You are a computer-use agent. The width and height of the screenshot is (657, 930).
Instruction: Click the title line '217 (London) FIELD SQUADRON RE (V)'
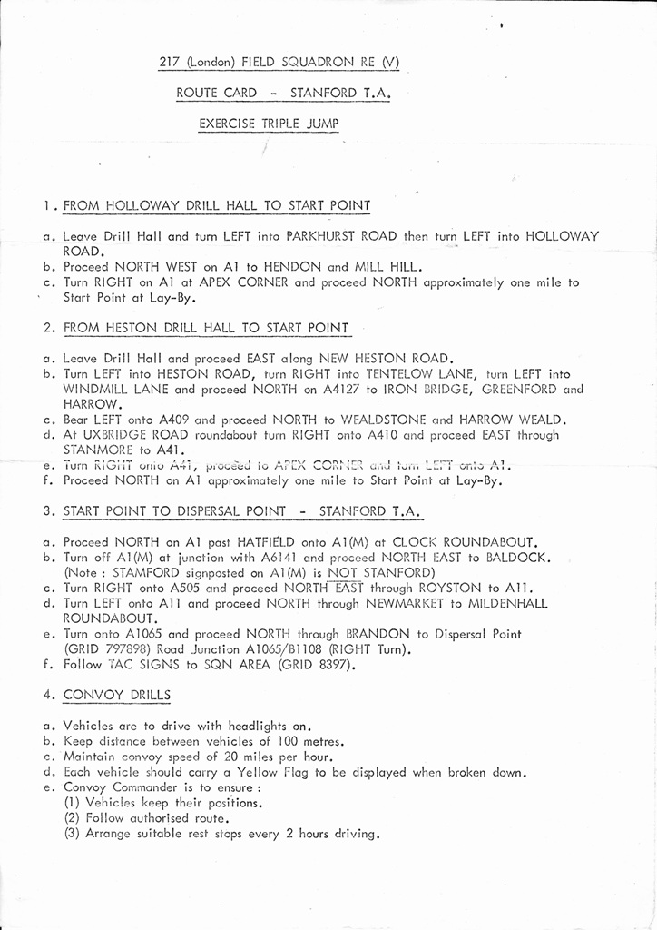[x=279, y=63]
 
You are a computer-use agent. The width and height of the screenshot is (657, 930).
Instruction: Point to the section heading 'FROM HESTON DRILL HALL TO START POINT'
[x=206, y=328]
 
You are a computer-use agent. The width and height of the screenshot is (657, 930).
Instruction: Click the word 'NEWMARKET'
[x=427, y=603]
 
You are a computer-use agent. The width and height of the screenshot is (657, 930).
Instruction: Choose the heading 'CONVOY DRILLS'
[x=116, y=696]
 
